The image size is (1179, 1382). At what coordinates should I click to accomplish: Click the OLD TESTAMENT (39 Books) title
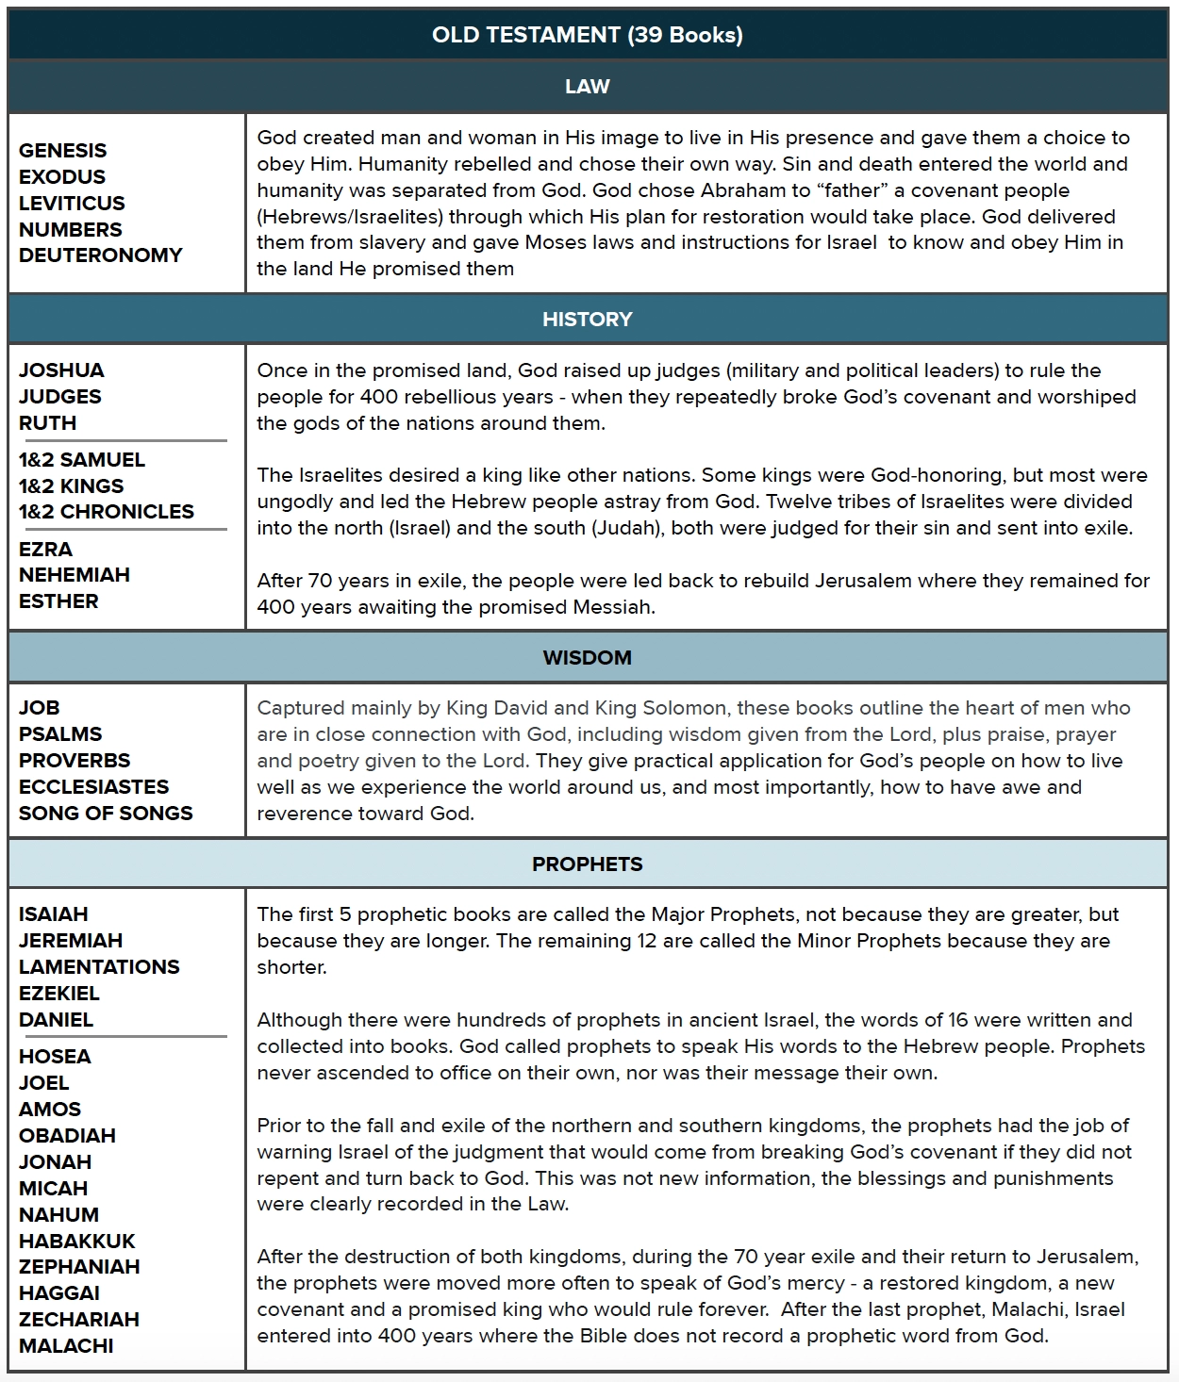pos(587,35)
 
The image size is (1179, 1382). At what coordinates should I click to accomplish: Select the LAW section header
pos(587,87)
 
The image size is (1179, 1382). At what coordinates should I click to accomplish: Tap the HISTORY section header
pos(587,319)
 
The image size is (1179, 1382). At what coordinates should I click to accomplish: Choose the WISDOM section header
pos(587,657)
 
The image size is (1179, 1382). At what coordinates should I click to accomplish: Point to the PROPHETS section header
pos(587,864)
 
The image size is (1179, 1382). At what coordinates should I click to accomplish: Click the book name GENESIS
pos(62,151)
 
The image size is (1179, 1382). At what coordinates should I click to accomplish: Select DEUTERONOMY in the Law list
pos(100,255)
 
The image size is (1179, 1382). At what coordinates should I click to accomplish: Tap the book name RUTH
pos(47,423)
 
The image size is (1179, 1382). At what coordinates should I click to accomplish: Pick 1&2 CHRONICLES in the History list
pos(106,512)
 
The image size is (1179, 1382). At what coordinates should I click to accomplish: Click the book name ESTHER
pos(58,601)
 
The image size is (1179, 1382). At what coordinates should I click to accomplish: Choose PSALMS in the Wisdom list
pos(60,734)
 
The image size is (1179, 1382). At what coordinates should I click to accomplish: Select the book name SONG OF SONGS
pos(106,814)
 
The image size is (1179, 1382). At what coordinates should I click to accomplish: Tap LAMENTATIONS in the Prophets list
pos(99,967)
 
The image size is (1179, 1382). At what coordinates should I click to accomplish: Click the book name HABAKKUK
pos(77,1242)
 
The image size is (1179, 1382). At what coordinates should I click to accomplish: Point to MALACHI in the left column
pos(66,1346)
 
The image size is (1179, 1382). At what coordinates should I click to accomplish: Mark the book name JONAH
pos(55,1162)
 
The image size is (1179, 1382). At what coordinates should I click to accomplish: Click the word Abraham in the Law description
pos(742,190)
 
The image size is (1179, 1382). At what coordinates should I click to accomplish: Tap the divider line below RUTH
pos(123,440)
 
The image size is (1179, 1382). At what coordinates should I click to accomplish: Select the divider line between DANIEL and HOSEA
pos(123,1037)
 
